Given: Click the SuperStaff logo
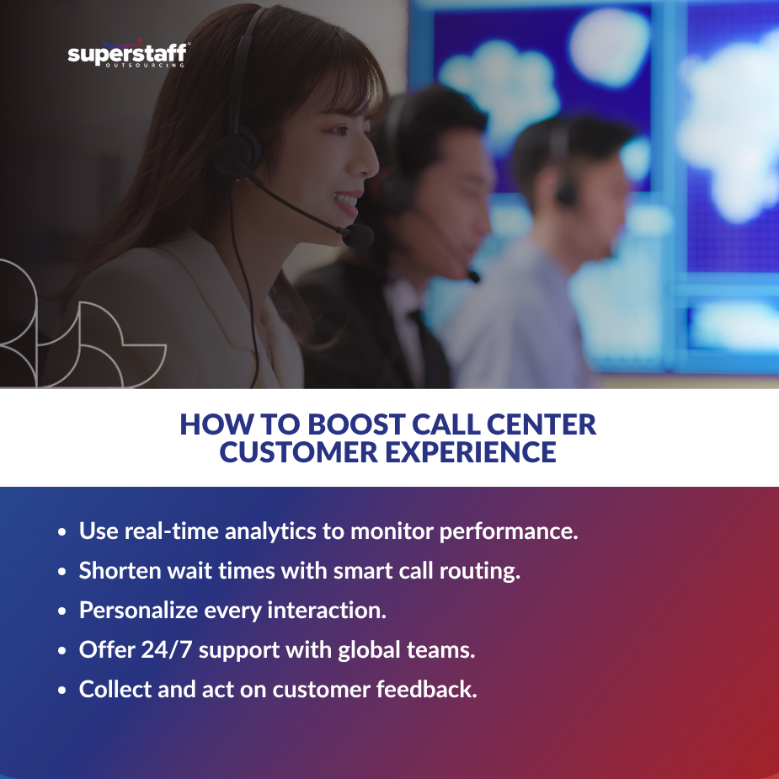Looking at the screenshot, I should click(127, 56).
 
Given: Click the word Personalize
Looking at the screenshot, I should click(139, 611).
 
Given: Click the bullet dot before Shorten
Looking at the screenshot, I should click(62, 572).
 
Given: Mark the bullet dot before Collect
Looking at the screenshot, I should click(62, 690).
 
